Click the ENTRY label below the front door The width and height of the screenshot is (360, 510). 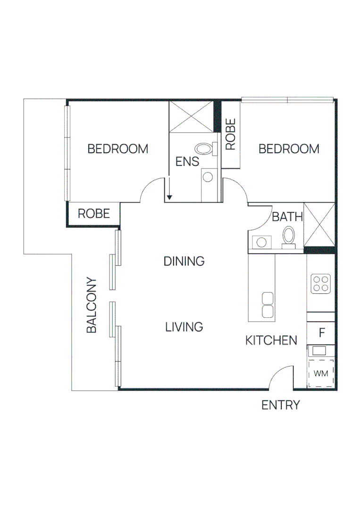click(281, 405)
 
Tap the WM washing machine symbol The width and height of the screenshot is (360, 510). click(321, 374)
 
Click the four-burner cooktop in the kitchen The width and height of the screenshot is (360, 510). click(320, 284)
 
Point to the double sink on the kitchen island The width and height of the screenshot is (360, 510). click(268, 305)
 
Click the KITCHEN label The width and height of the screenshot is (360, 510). click(271, 340)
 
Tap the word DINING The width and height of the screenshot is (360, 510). click(184, 261)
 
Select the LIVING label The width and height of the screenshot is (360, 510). click(184, 326)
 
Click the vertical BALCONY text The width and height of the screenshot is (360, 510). click(92, 305)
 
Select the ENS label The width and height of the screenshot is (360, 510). click(187, 161)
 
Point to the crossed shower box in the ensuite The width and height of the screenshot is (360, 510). click(191, 117)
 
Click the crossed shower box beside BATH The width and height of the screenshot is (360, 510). click(319, 224)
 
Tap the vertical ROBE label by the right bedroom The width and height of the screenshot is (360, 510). click(231, 135)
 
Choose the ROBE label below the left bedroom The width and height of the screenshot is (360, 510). click(94, 213)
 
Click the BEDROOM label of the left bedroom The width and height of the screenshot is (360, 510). click(118, 149)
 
